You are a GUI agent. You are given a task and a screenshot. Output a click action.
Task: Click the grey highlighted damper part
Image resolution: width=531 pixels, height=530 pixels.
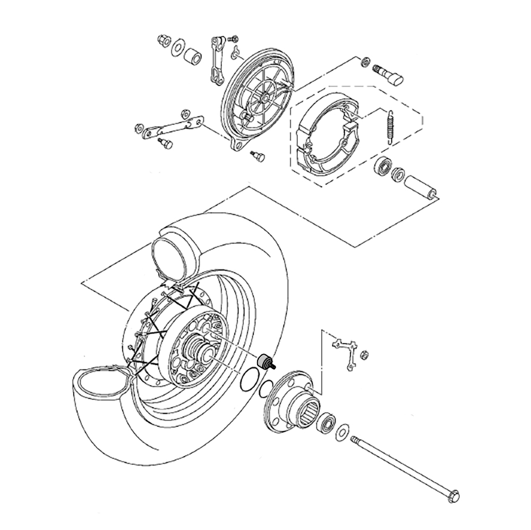coord(264,361)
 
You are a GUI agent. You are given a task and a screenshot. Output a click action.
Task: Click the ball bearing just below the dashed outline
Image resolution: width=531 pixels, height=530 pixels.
coord(381,166)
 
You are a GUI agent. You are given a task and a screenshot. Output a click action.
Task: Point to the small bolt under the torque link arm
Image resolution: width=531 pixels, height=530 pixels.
coord(166,143)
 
